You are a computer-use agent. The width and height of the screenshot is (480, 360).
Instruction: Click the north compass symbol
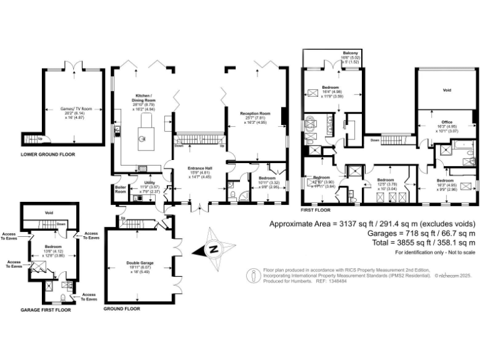click(212, 249)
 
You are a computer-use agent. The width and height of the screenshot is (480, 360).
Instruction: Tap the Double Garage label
click(141, 264)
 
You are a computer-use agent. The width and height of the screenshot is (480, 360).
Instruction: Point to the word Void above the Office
click(446, 91)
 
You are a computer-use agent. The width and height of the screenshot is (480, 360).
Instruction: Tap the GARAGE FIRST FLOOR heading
click(46, 309)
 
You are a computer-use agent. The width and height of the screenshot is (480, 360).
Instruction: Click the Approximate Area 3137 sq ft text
click(372, 224)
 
